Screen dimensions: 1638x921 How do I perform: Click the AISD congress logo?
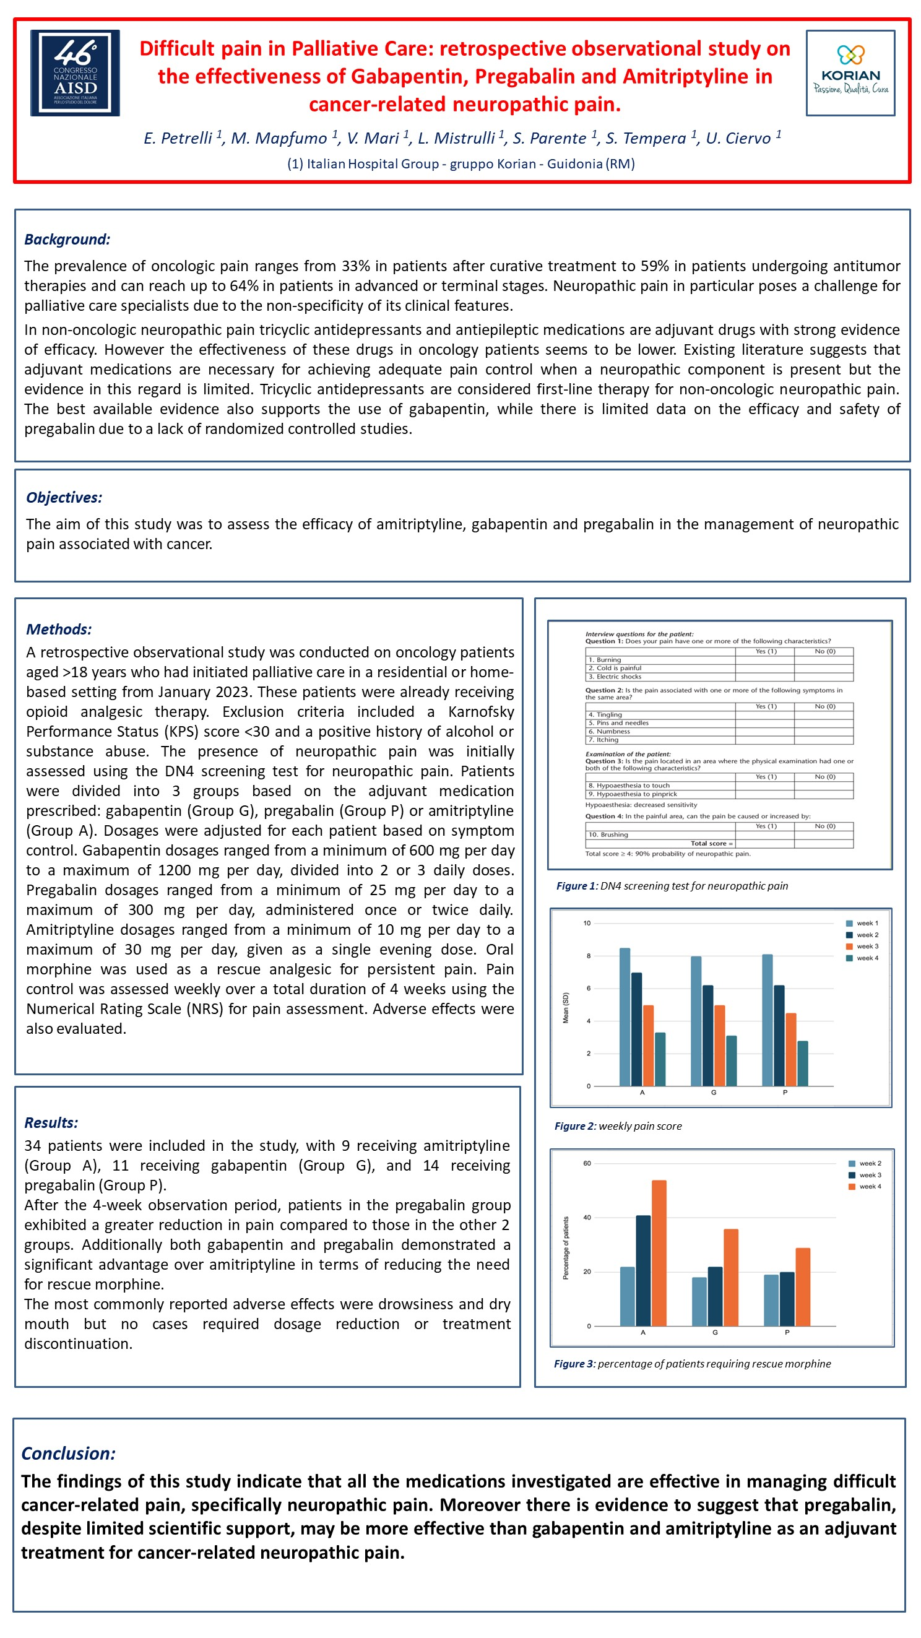(x=75, y=73)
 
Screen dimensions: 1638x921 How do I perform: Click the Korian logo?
(x=850, y=73)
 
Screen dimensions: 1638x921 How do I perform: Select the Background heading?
(x=67, y=239)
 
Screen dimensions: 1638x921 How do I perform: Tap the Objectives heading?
(x=64, y=497)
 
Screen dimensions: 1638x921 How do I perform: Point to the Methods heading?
(x=58, y=629)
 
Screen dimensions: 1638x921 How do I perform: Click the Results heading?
(x=51, y=1122)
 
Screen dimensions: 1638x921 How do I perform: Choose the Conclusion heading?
(x=68, y=1453)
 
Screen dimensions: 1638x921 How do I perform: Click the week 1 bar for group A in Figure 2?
(x=625, y=1016)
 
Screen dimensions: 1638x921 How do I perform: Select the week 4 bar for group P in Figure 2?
(x=803, y=1063)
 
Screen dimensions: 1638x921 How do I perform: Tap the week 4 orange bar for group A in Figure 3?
(x=659, y=1253)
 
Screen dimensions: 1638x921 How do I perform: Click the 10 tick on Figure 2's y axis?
(x=587, y=923)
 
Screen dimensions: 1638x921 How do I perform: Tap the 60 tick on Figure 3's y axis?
(x=587, y=1164)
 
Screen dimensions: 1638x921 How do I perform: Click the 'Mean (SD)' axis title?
(x=566, y=1008)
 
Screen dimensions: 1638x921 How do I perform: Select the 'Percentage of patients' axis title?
(x=566, y=1247)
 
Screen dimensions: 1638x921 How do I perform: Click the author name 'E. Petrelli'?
(x=178, y=138)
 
